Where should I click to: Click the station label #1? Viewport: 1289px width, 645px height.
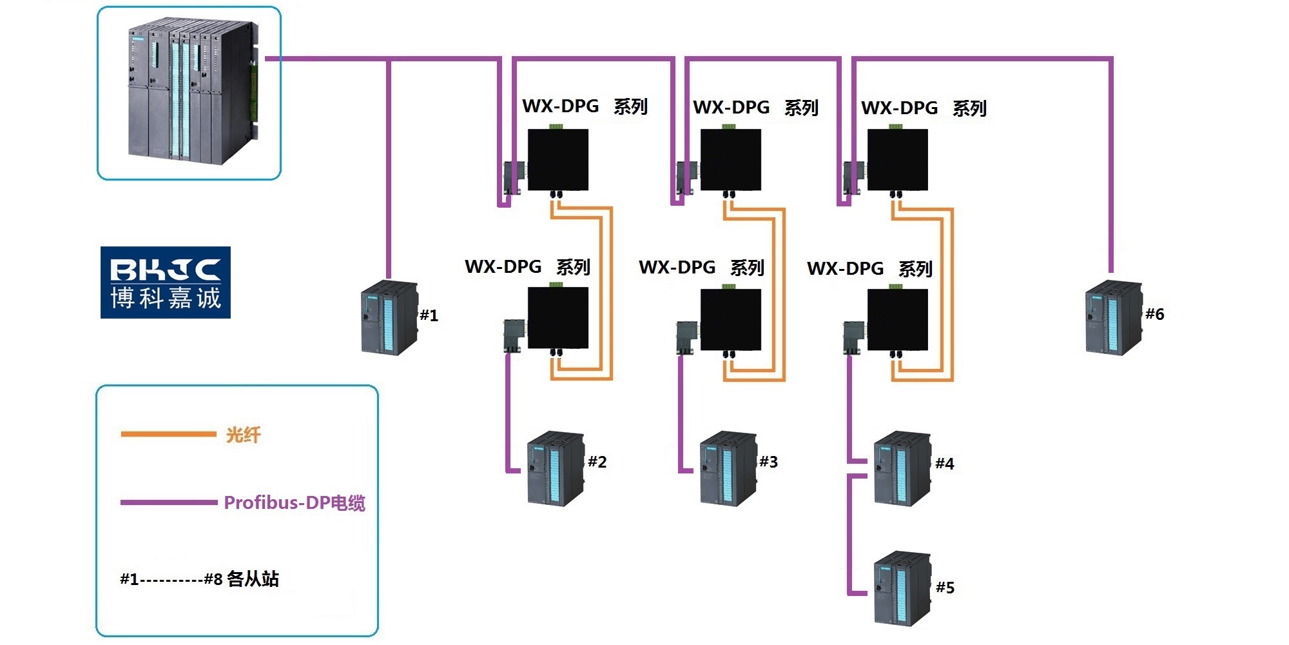pos(429,315)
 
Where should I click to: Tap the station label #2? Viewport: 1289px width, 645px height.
pos(597,462)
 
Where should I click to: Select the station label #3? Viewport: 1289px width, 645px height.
pos(768,462)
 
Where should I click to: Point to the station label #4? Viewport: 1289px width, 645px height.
pos(944,464)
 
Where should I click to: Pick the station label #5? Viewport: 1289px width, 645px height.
pos(945,588)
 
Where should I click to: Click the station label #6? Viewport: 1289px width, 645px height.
pos(1154,314)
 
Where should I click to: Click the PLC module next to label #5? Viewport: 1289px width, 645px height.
pos(902,588)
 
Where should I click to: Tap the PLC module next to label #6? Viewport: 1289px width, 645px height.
pos(1114,317)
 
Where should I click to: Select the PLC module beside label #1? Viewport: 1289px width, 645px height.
pos(389,317)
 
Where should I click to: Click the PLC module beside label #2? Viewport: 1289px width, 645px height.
pos(556,469)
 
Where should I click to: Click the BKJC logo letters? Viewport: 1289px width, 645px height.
pos(166,270)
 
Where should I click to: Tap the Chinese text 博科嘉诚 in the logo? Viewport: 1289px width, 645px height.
pos(166,298)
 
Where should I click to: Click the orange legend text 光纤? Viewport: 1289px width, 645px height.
pos(243,435)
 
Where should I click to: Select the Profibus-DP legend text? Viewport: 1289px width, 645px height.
pos(295,503)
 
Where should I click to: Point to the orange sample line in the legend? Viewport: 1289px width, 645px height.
pos(168,434)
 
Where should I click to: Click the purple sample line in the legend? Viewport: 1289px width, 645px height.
pos(169,502)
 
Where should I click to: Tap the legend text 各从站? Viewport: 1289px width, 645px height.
pos(253,579)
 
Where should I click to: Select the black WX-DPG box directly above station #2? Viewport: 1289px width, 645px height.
pos(558,319)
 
